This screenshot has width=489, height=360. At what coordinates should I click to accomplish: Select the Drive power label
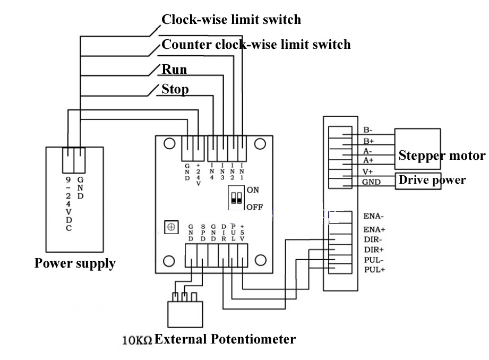(x=432, y=180)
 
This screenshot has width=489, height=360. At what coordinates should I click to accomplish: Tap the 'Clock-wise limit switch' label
(x=231, y=20)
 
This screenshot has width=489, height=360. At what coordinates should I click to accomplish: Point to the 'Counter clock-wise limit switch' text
(x=256, y=44)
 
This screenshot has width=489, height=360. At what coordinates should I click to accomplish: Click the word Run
(x=174, y=69)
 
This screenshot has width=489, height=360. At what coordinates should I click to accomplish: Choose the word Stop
(x=175, y=89)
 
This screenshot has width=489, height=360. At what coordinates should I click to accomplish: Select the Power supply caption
(x=75, y=263)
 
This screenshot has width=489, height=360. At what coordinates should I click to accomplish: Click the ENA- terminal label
(x=374, y=216)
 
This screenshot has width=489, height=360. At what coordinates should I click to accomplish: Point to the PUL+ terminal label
(x=374, y=270)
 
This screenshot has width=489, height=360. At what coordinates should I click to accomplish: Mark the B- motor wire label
(x=368, y=130)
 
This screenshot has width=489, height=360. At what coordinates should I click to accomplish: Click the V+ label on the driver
(x=368, y=172)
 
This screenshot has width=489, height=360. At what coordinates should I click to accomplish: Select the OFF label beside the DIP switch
(x=254, y=207)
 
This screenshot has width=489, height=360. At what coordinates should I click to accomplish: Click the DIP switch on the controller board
(x=236, y=199)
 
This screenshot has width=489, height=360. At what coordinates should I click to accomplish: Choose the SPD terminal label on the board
(x=202, y=232)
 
